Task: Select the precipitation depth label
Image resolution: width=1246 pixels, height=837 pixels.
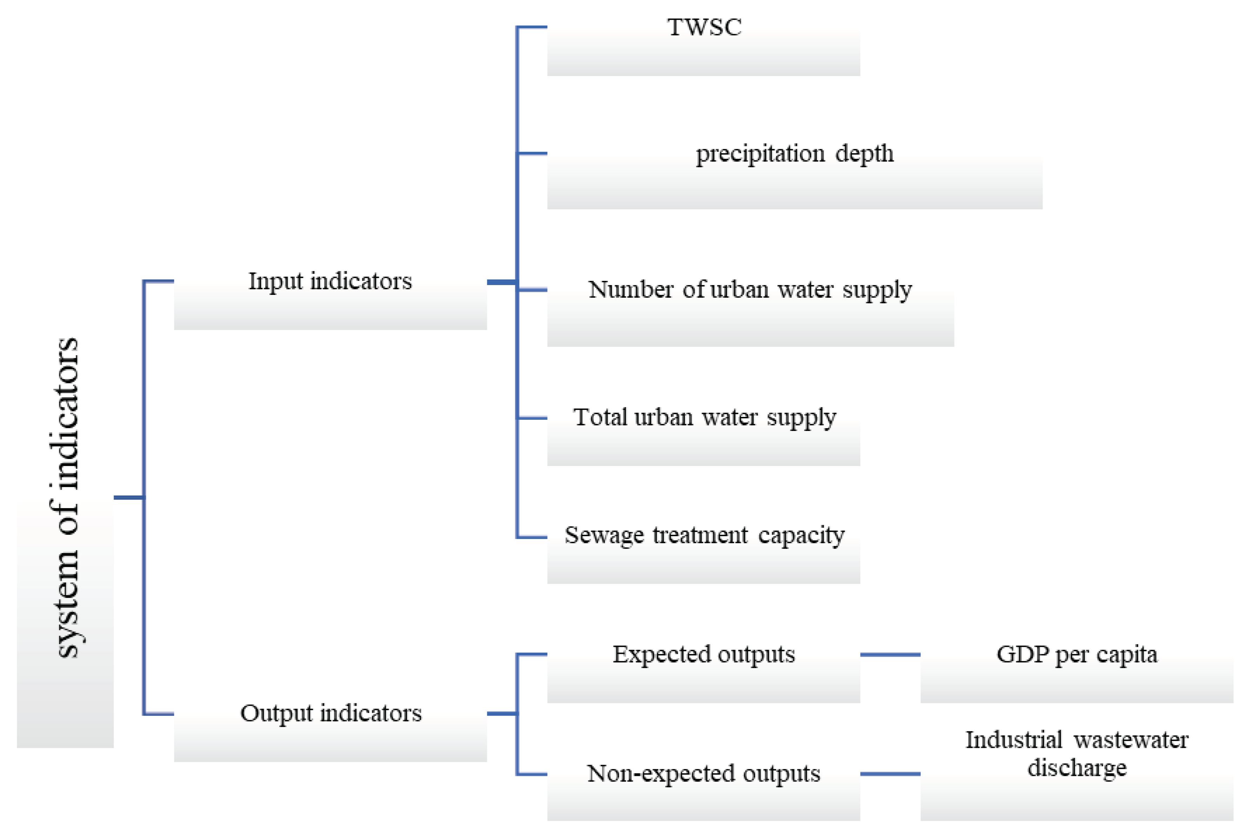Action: tap(795, 154)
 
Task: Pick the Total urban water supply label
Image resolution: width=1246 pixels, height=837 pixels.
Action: tap(704, 417)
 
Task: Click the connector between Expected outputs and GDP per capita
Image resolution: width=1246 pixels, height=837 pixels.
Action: tap(890, 654)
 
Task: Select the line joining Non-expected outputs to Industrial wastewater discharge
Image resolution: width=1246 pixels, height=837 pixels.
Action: tap(890, 774)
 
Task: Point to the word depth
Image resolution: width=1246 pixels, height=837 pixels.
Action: tap(864, 154)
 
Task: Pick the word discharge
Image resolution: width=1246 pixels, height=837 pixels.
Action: tap(1077, 767)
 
